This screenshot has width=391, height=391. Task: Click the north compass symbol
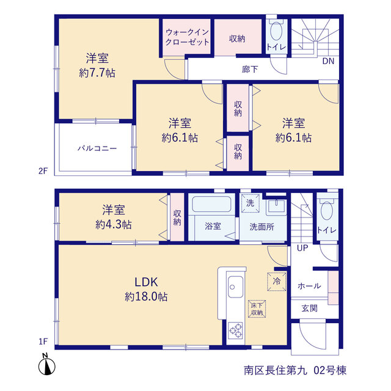pyautogui.click(x=46, y=365)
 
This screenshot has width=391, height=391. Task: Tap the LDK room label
pyautogui.click(x=146, y=282)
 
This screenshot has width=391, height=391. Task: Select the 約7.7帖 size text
pyautogui.click(x=97, y=73)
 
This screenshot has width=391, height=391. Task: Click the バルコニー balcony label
pyautogui.click(x=97, y=148)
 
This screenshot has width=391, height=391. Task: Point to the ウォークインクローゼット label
pyautogui.click(x=187, y=37)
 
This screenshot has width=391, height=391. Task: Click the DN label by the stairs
pyautogui.click(x=328, y=61)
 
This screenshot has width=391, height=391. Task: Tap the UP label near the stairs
pyautogui.click(x=302, y=248)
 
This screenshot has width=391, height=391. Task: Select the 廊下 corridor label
pyautogui.click(x=250, y=69)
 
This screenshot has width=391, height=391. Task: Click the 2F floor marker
pyautogui.click(x=43, y=171)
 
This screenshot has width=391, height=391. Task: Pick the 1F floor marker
pyautogui.click(x=43, y=342)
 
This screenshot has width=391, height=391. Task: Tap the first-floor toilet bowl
pyautogui.click(x=327, y=211)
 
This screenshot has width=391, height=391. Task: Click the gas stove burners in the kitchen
pyautogui.click(x=236, y=331)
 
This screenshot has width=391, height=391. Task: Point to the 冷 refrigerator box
pyautogui.click(x=277, y=282)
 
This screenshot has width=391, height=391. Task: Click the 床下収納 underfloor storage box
pyautogui.click(x=257, y=309)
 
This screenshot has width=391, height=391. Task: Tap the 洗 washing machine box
pyautogui.click(x=250, y=203)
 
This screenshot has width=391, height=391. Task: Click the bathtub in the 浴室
pyautogui.click(x=212, y=204)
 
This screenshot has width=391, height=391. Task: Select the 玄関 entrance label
pyautogui.click(x=310, y=309)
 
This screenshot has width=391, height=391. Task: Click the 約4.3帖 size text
pyautogui.click(x=114, y=225)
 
